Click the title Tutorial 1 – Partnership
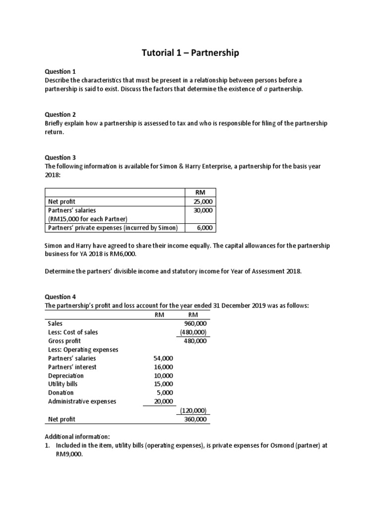190,52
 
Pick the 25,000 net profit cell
202,202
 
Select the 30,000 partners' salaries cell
202,210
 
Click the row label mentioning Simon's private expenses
113,228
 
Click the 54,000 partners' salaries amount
163,358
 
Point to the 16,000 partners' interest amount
163,367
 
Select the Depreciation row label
66,376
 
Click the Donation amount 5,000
165,393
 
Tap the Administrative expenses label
82,402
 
